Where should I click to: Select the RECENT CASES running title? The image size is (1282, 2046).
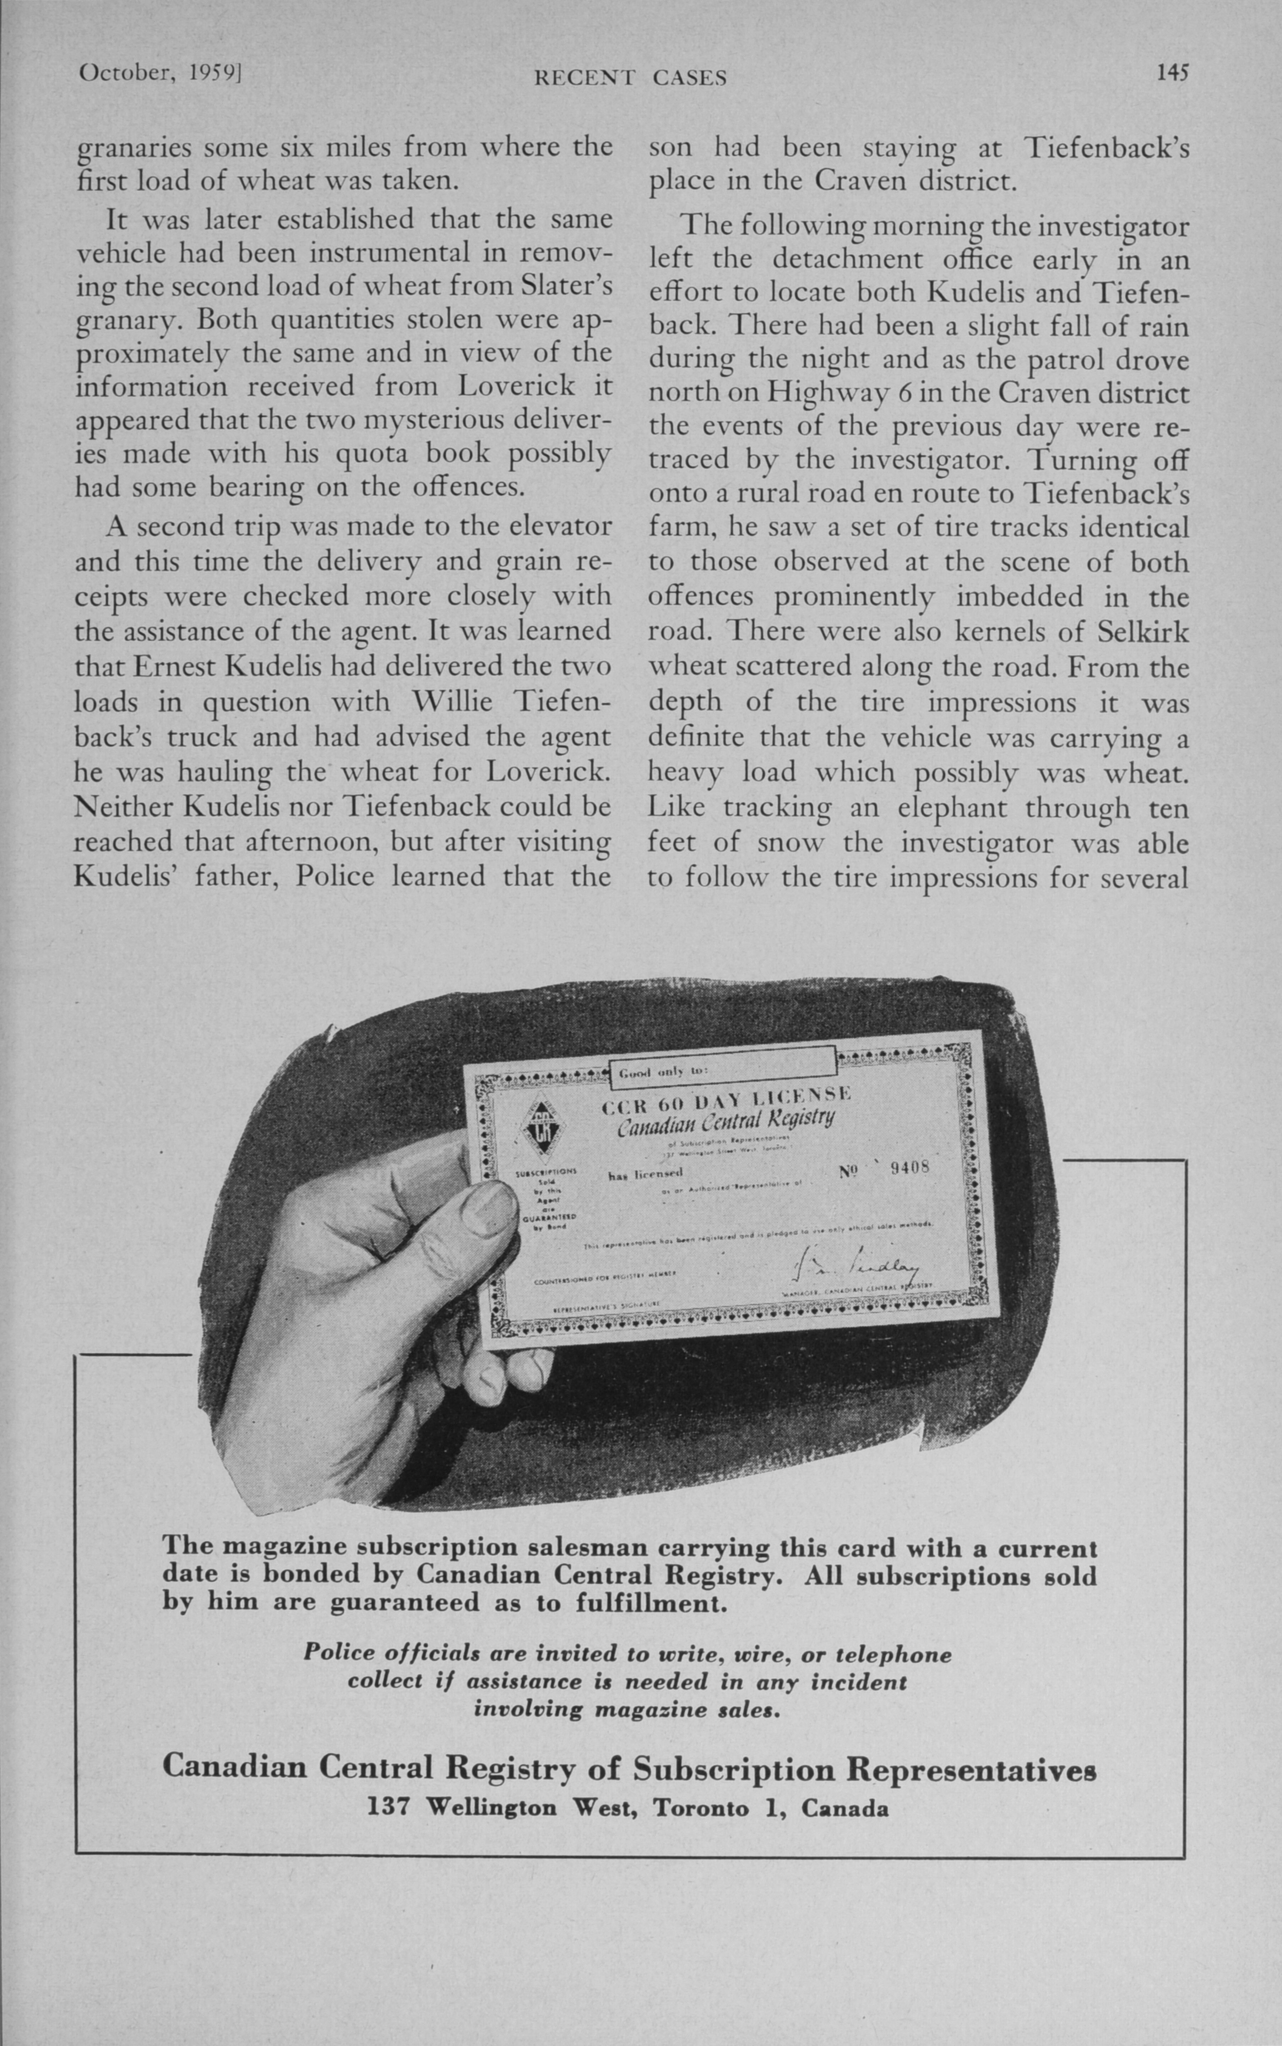(630, 79)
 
